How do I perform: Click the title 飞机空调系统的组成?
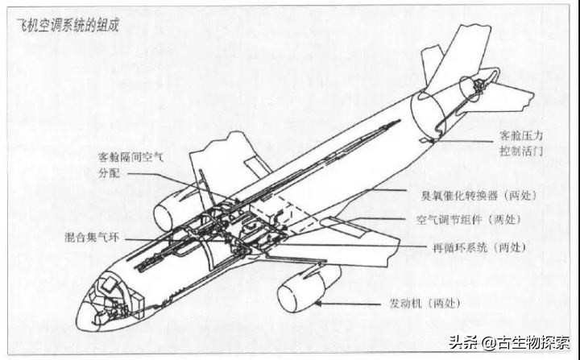tap(68, 26)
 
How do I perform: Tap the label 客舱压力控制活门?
tap(521, 143)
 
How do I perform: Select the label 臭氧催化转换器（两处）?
tap(479, 195)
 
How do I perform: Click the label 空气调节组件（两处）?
tap(468, 219)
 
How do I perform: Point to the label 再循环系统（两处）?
tap(479, 247)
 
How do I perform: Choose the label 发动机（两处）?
tap(425, 304)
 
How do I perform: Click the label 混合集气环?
tap(92, 237)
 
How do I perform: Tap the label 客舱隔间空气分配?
tap(130, 165)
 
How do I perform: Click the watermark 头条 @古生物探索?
tap(509, 342)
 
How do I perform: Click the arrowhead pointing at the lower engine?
tap(317, 304)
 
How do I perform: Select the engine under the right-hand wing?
tap(309, 288)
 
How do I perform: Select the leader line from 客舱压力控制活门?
tap(466, 141)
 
